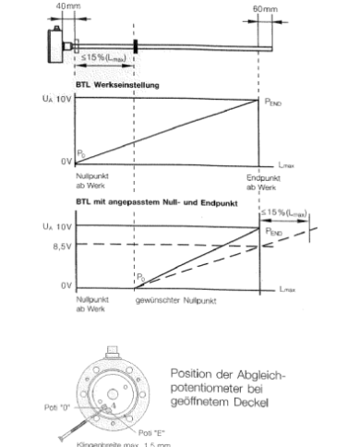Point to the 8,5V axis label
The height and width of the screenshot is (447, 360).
54,246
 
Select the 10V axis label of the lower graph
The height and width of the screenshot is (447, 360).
52,225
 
